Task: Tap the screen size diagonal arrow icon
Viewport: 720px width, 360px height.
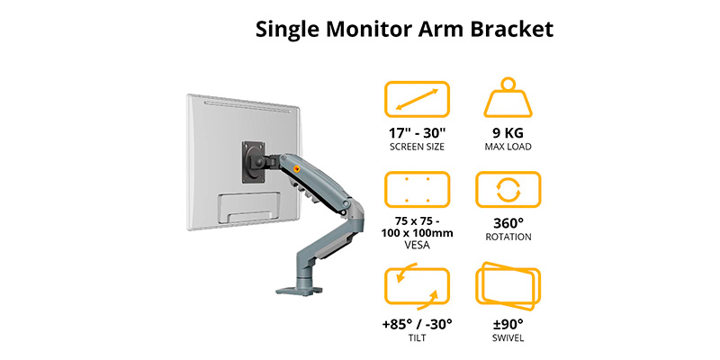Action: [417, 99]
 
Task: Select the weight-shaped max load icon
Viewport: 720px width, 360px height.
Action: [508, 98]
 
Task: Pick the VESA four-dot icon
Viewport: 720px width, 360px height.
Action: [417, 190]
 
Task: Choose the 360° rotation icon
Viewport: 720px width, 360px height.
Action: [508, 190]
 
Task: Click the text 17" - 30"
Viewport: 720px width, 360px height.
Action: [417, 132]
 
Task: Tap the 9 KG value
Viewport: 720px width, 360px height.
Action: [508, 132]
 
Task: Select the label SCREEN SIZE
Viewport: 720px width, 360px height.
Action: [417, 147]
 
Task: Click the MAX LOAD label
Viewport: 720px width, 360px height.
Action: [508, 147]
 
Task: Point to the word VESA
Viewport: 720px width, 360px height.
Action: [417, 245]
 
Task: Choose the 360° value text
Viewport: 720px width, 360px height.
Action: [508, 223]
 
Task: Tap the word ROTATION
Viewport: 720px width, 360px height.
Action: [508, 238]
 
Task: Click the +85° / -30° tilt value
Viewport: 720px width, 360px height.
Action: [417, 324]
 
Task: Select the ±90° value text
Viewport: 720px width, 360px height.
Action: [508, 324]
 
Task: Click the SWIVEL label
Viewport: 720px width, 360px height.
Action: [508, 338]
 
